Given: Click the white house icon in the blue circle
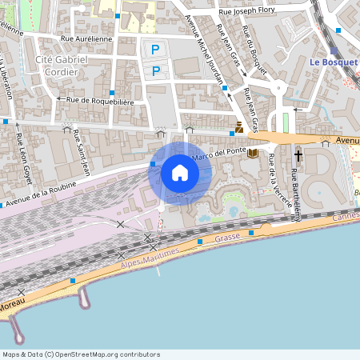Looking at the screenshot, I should [x=180, y=173].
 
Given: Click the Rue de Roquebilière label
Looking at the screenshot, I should [x=100, y=101].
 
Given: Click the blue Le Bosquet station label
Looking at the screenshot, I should [x=329, y=62].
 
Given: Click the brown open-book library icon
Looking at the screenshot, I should [x=253, y=153].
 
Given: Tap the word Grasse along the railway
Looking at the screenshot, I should [x=228, y=238].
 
